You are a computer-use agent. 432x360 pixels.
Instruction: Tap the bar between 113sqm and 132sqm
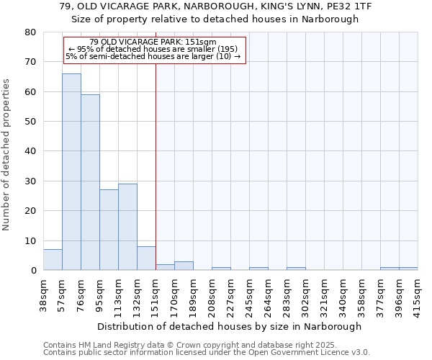pos(127,227)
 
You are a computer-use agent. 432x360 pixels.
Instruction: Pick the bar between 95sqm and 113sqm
pos(109,230)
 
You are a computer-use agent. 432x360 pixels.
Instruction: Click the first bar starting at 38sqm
pos(53,260)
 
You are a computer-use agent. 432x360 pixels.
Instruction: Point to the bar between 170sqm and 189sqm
pos(184,266)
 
